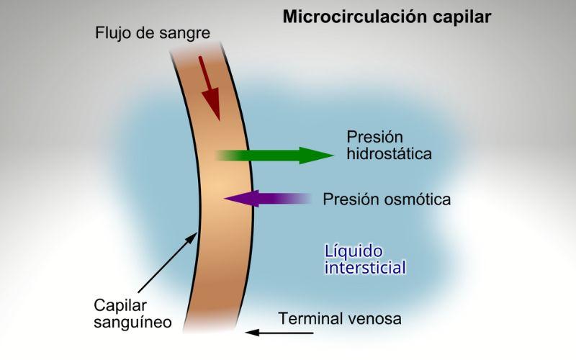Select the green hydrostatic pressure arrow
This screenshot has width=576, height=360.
point(274,155)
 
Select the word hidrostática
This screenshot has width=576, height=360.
point(389,153)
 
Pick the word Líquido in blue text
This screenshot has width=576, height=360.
point(354,251)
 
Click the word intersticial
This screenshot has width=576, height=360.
point(366,269)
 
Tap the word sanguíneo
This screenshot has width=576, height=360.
point(132,322)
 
